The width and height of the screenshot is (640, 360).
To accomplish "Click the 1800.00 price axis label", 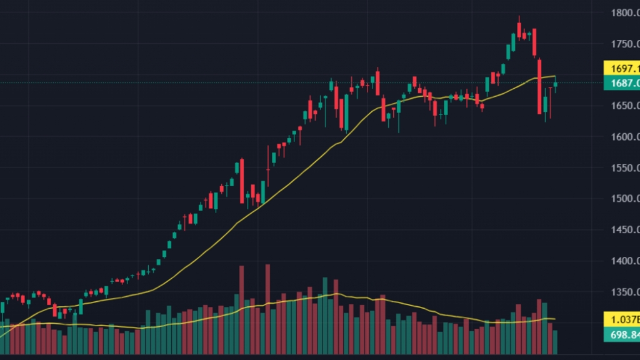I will (x=625, y=12).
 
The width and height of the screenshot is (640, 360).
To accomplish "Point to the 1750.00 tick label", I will (x=625, y=44).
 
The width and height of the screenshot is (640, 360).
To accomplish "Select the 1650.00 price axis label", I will (x=625, y=106).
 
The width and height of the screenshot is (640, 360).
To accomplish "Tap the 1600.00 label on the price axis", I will (x=625, y=136).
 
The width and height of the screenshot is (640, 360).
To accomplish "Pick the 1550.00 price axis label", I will (x=625, y=167).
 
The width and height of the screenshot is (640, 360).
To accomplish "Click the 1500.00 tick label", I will (x=625, y=199).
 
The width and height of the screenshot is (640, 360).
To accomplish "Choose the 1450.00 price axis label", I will (x=625, y=230).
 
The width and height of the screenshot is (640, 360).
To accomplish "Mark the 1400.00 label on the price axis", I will (x=625, y=261).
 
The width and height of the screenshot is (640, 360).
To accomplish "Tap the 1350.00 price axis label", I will (x=625, y=292).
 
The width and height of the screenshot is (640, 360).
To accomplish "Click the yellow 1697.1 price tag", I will (x=621, y=68).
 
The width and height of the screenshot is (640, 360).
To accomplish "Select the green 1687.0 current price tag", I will (x=621, y=83).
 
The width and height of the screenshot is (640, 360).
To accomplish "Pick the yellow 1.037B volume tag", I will (x=621, y=319).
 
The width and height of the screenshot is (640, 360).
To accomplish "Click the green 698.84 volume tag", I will (x=621, y=336).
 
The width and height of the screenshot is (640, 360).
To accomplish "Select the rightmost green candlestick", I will (x=555, y=85).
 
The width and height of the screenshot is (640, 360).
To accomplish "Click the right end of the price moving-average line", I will (x=555, y=76).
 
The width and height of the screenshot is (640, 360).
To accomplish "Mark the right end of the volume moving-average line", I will (x=555, y=319).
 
